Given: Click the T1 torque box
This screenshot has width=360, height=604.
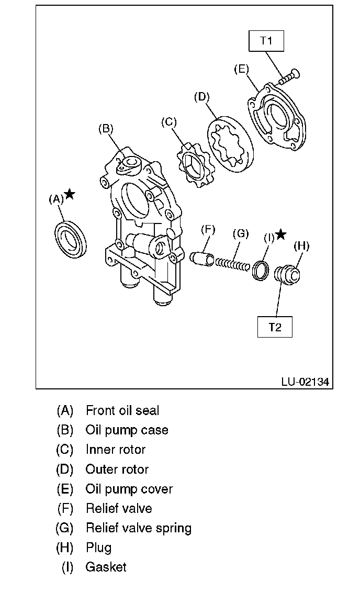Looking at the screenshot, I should pos(266,40).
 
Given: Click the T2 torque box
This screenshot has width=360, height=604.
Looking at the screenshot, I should pos(275,327).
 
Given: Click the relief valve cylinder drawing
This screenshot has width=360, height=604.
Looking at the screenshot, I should pos(201,258).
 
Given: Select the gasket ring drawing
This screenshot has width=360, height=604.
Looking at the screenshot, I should pos(260,269).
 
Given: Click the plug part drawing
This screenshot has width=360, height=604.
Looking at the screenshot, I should pos(287,274).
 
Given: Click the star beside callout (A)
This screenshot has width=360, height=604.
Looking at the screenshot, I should pos(70,194).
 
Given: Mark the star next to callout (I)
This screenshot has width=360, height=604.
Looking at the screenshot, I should pos(281,234).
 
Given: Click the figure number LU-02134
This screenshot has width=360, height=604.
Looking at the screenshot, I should pos(305,382).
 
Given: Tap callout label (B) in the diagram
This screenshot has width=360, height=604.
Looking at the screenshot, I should pos(106,129).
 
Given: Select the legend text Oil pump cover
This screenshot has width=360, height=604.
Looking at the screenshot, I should pos(129,489).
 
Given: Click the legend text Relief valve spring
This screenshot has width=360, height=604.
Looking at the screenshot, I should pos(138,528).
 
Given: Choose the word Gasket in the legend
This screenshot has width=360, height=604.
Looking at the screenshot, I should pos(106,567).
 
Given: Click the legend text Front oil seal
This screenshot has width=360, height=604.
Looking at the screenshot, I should pos(122,411).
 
